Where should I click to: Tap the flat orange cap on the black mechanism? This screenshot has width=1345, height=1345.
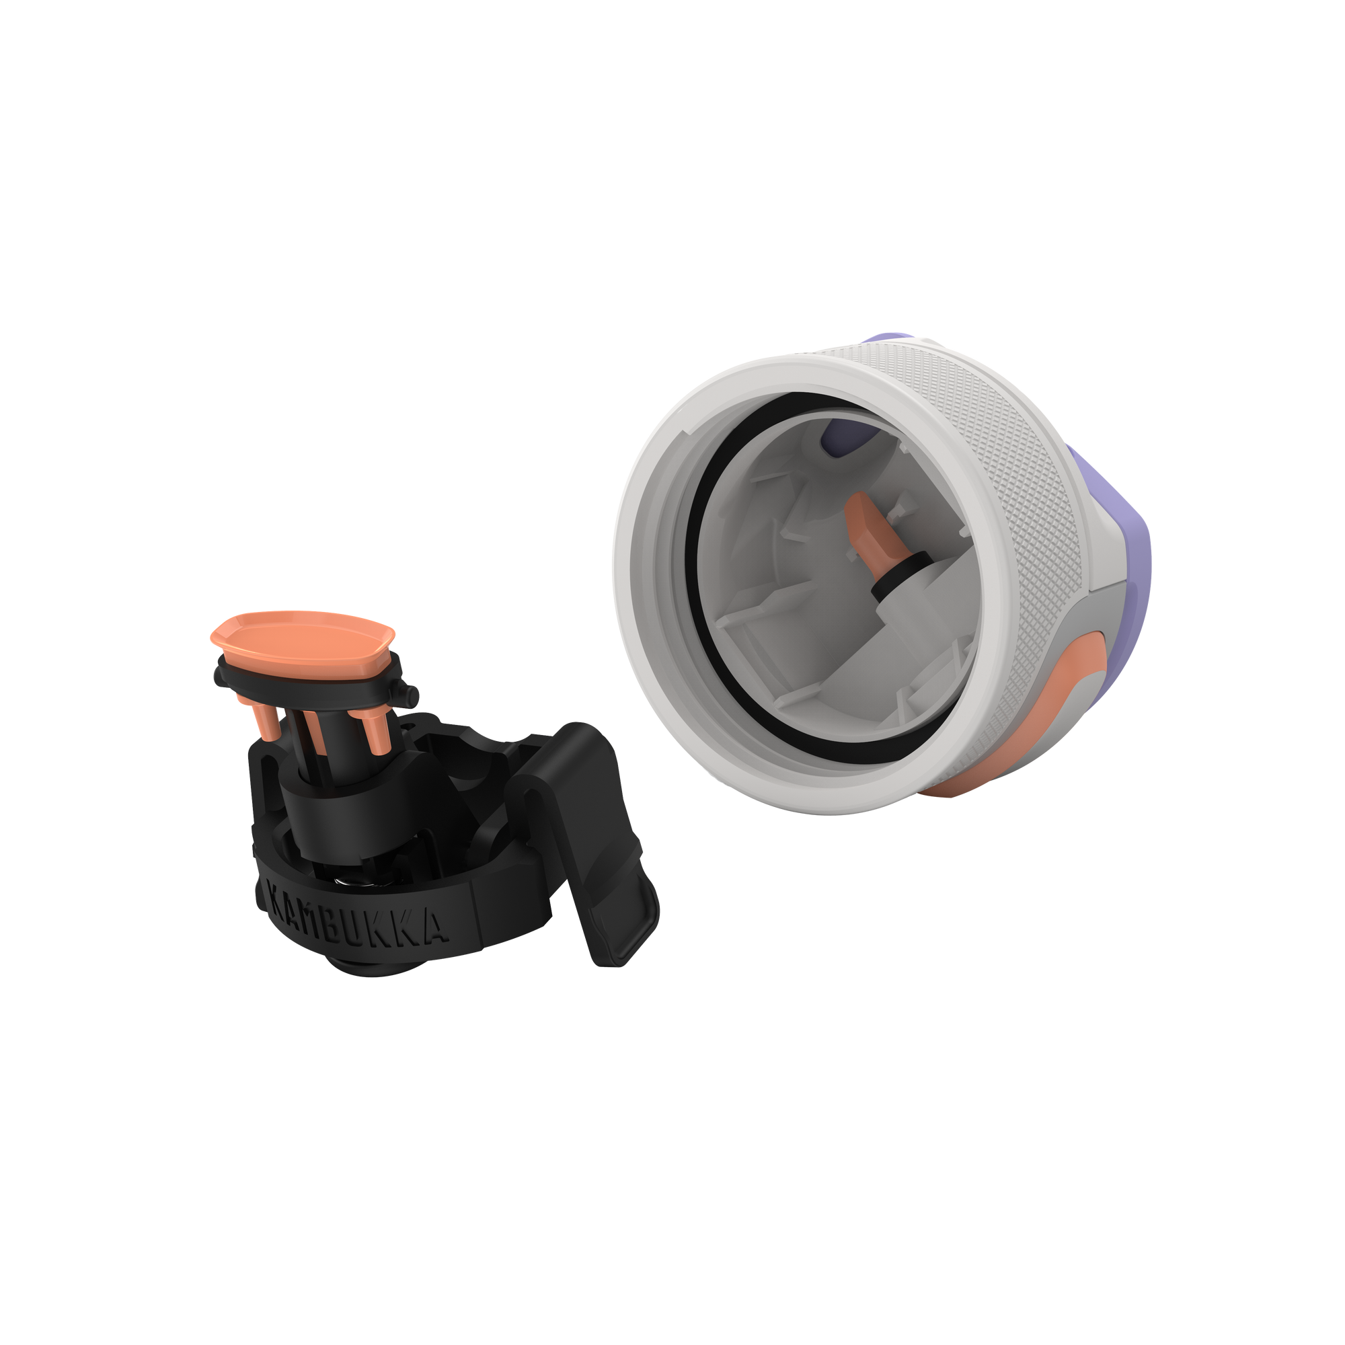[x=303, y=636]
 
